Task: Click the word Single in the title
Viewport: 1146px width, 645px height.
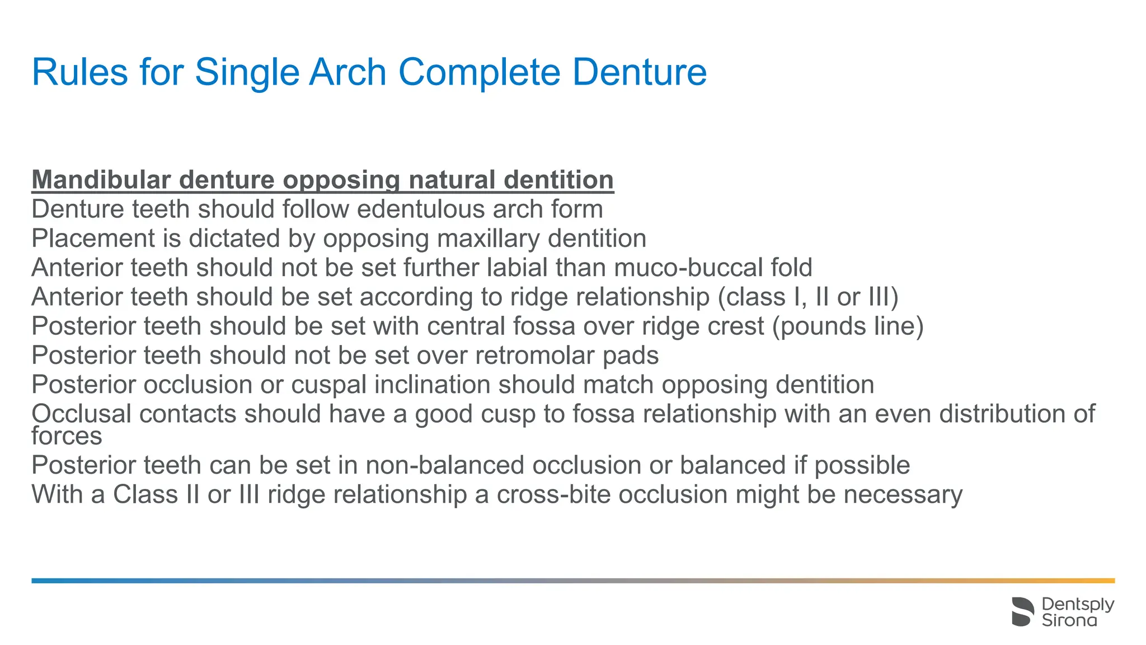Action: pos(247,73)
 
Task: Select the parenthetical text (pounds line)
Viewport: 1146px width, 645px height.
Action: pos(847,326)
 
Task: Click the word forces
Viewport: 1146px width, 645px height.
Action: pos(67,436)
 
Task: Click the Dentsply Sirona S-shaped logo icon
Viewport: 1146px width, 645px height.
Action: pos(1023,611)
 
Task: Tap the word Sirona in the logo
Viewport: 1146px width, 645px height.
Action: pos(1069,620)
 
